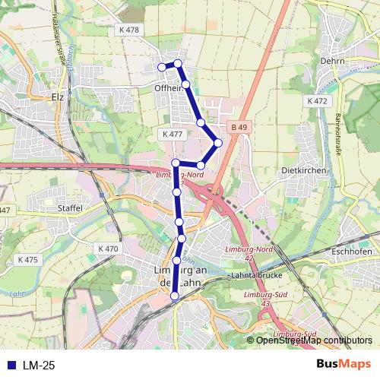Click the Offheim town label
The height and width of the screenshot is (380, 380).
[169, 88]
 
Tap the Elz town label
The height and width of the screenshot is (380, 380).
[56, 97]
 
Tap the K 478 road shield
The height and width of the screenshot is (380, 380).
[130, 30]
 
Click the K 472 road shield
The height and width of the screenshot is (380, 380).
[317, 100]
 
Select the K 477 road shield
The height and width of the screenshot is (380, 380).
[173, 134]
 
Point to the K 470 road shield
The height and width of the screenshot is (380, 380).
[109, 248]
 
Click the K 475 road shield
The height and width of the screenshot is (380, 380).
[27, 260]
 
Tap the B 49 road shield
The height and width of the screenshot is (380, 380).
[240, 127]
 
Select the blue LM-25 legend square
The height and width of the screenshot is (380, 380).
[10, 366]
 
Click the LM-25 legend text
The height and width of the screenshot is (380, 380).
[38, 366]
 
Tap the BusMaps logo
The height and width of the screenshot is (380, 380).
[344, 365]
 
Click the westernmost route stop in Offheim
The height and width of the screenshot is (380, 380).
[162, 67]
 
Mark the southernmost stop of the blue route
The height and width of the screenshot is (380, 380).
[176, 296]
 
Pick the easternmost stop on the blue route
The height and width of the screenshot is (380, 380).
[218, 142]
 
